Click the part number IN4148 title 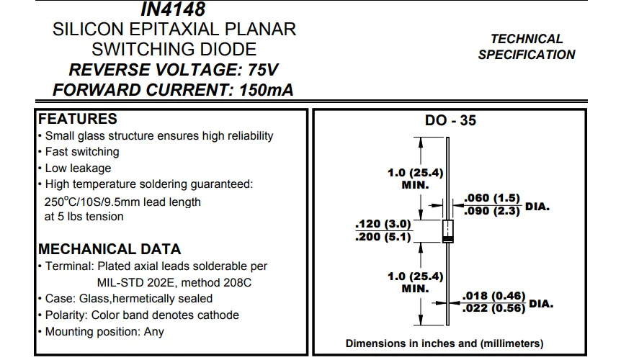(174, 9)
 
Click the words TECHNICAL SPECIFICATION (527, 47)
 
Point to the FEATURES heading (78, 119)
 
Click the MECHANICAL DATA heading (110, 250)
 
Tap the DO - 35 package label (450, 121)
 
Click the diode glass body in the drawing (447, 230)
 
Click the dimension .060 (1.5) (493, 198)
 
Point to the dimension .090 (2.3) (493, 212)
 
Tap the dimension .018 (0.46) (495, 296)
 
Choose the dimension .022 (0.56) (495, 310)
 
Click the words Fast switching (82, 152)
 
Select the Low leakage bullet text (79, 168)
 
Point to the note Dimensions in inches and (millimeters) (444, 343)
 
